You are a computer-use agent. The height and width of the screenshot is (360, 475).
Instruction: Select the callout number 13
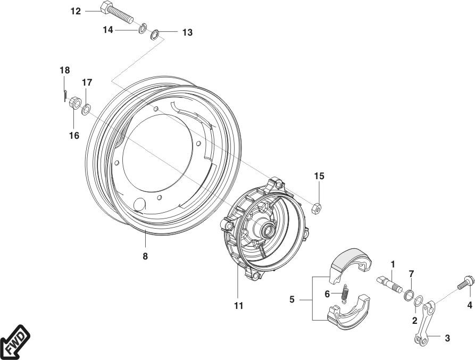[x=187, y=33]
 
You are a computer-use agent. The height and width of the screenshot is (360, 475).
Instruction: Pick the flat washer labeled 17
[x=86, y=110]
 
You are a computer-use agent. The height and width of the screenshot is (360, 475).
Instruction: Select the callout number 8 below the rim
[x=145, y=256]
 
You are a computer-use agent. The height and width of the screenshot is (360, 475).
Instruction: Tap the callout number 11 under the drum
[x=238, y=305]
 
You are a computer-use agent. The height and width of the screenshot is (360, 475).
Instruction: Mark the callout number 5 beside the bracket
[x=292, y=300]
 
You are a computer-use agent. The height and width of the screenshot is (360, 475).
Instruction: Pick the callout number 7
[x=411, y=273]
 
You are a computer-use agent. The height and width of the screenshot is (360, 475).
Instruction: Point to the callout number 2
[x=414, y=320]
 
